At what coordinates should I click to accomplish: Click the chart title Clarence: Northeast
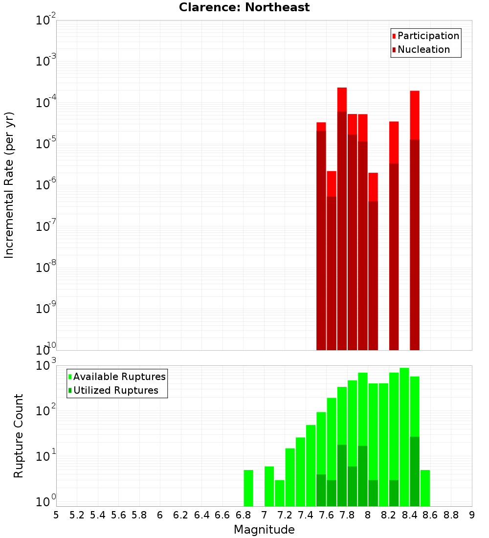click(244, 7)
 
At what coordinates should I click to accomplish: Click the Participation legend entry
click(428, 36)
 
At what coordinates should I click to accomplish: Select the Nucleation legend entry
click(423, 49)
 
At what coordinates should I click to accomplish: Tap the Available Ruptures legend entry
click(119, 377)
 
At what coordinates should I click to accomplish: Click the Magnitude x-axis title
click(264, 530)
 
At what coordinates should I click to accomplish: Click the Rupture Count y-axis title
click(19, 435)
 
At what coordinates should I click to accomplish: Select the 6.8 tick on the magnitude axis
click(244, 515)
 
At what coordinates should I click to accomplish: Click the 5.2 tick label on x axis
click(77, 515)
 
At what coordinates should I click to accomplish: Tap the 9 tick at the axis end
click(471, 515)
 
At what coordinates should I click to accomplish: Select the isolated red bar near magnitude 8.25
click(394, 142)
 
